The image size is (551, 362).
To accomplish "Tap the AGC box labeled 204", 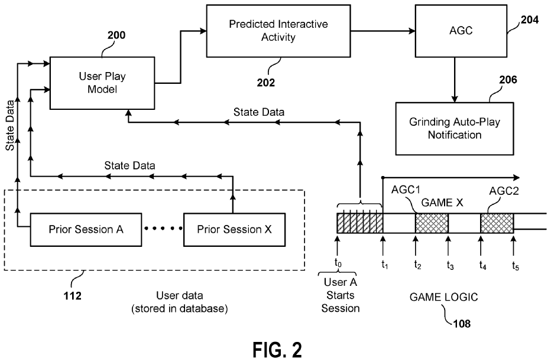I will point(453,31).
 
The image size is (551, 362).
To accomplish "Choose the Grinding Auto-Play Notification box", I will point(453,128).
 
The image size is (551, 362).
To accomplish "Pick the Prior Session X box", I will point(234,229).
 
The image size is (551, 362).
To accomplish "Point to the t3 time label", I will point(450,265).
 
